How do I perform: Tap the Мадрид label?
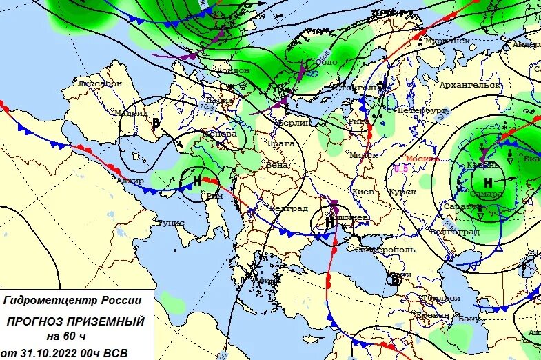point(132,113)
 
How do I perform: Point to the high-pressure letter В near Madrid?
point(156,123)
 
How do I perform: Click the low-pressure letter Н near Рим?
point(196,181)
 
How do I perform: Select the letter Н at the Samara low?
point(488,183)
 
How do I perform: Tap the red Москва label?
point(420,158)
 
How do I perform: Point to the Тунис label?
point(169,223)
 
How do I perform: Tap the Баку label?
point(468,318)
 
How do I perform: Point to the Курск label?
point(402,191)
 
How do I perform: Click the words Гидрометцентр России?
point(72,301)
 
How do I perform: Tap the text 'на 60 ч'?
point(66,337)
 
